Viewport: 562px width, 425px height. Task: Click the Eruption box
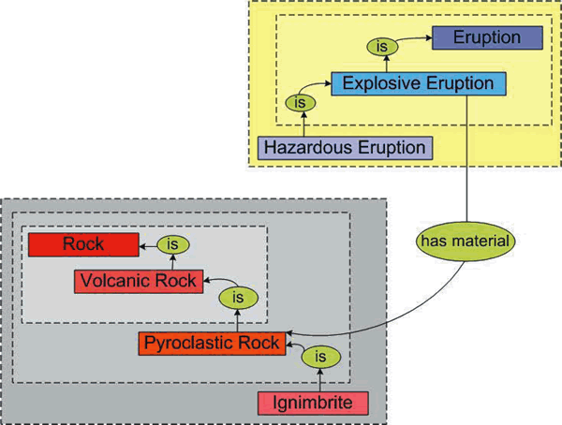pos(486,38)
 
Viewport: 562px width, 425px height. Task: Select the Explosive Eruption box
pos(418,83)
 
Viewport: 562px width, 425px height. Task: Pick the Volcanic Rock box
pos(138,280)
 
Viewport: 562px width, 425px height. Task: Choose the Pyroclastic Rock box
pos(211,344)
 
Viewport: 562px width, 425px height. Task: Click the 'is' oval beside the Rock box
pos(172,245)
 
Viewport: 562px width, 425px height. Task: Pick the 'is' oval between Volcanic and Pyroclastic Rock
pos(238,298)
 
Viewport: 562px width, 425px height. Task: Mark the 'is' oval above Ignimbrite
pos(320,357)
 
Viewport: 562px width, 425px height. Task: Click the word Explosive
pos(379,83)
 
